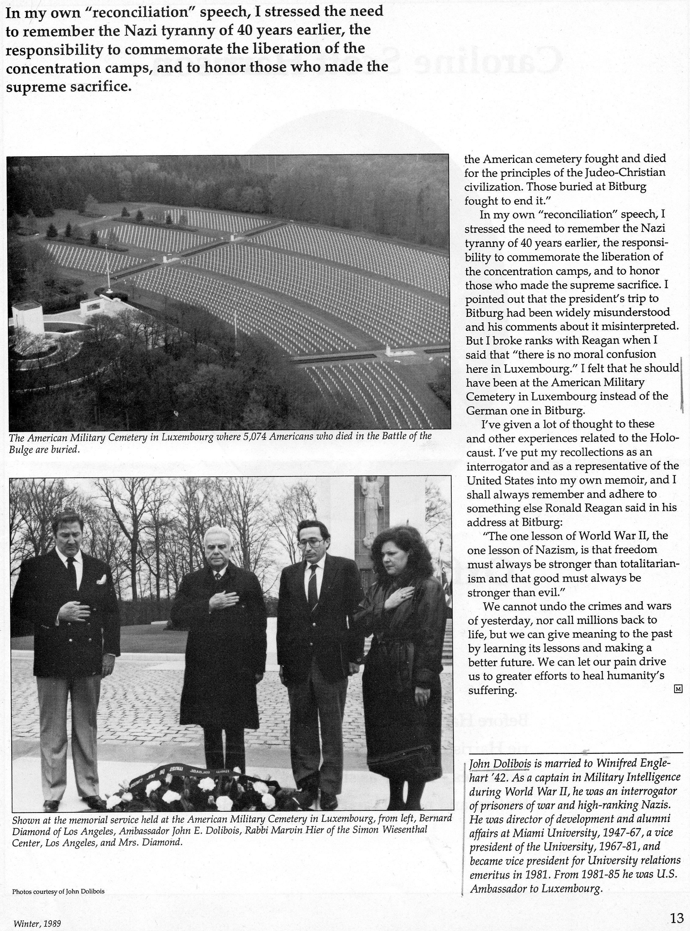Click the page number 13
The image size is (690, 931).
point(676,917)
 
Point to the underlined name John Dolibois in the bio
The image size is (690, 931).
point(500,764)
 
